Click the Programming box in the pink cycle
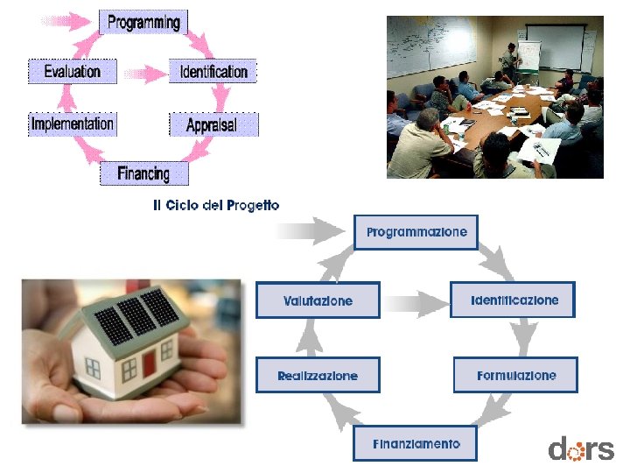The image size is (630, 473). pos(143,22)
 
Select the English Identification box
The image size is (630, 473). pos(213,71)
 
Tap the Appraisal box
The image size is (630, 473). pos(212,125)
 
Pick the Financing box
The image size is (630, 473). pos(143,173)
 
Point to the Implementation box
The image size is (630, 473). pos(73,124)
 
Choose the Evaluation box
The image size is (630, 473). pos(73,71)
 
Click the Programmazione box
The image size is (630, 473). pos(416,232)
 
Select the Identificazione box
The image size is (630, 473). pos(514,300)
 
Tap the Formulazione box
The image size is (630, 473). pos(516,375)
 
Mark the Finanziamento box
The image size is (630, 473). pos(416,443)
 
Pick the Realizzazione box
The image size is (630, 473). pos(318,375)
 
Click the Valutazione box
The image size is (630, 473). pos(318,300)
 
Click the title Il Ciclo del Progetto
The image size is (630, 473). pos(216,205)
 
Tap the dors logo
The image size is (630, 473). pos(581,449)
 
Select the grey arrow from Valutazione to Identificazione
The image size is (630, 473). pos(416,304)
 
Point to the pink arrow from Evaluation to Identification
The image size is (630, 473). pos(142,71)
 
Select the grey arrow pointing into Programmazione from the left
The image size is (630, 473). pos(311,232)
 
